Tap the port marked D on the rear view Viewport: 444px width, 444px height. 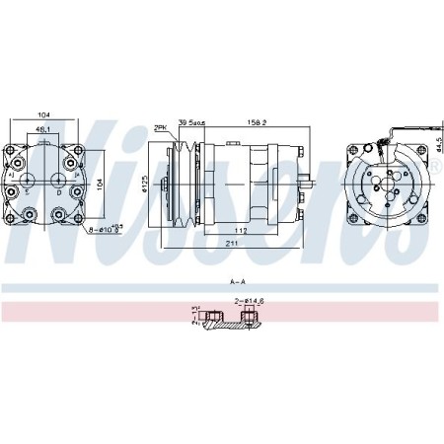click(x=60, y=192)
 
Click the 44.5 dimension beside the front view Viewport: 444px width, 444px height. click(x=435, y=144)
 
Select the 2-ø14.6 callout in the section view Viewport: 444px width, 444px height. click(x=251, y=301)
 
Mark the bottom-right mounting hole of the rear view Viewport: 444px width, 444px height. click(x=75, y=213)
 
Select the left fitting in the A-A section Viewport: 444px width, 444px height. click(x=196, y=317)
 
